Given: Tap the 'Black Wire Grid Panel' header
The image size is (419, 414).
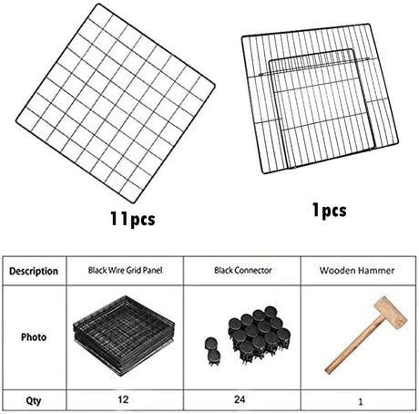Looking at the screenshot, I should tap(124, 271).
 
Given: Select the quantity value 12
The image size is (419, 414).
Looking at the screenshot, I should tap(124, 398).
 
